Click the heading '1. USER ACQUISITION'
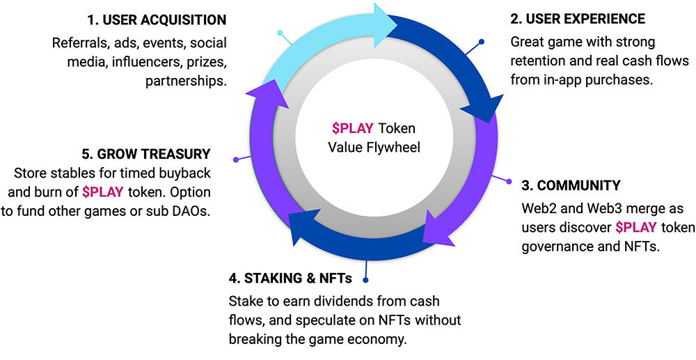pyautogui.click(x=157, y=19)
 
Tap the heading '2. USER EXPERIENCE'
pyautogui.click(x=578, y=19)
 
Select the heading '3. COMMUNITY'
pyautogui.click(x=571, y=187)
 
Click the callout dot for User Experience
pyautogui.click(x=481, y=42)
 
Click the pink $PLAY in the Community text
pyautogui.click(x=633, y=227)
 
